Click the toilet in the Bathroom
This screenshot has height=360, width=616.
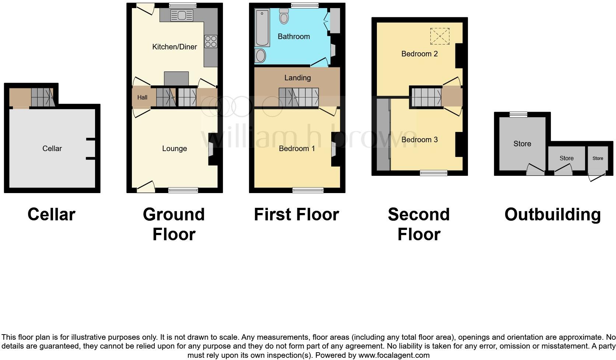(284, 16)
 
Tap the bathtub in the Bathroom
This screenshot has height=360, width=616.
(262, 28)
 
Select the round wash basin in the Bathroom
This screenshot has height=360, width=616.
(260, 56)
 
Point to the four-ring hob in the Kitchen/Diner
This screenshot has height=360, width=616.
(211, 41)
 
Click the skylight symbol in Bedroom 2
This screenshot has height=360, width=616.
(440, 36)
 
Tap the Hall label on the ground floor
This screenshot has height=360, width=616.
(142, 97)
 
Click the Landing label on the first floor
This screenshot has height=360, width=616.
(297, 78)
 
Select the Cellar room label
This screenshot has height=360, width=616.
(52, 148)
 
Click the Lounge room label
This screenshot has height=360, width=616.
(174, 148)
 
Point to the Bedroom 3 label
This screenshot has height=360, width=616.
(419, 140)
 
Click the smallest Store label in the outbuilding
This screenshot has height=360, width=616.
(598, 158)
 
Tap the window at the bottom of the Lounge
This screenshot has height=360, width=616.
(183, 190)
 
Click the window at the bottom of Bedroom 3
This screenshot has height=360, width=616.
(434, 173)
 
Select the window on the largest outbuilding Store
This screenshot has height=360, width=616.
(518, 115)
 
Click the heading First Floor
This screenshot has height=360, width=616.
(296, 214)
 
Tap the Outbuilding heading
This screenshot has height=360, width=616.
(552, 214)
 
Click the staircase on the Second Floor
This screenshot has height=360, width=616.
(426, 97)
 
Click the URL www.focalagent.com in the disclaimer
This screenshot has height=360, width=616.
(394, 356)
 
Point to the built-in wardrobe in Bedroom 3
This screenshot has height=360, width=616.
(383, 134)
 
